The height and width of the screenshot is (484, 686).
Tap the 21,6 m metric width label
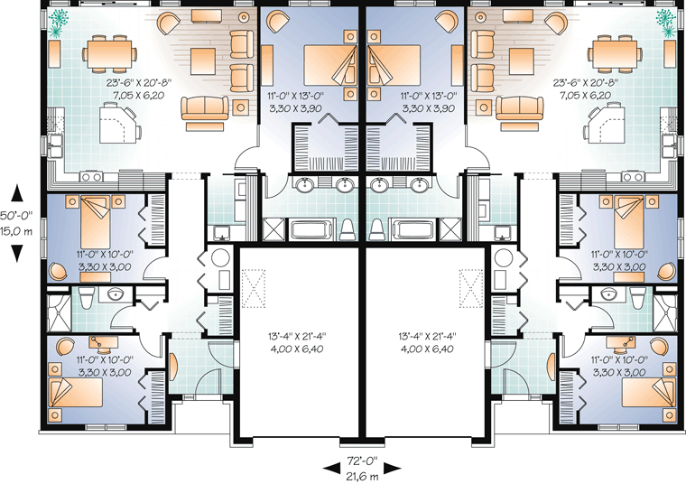[x=362, y=475]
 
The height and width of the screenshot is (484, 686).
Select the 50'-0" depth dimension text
[x=15, y=216]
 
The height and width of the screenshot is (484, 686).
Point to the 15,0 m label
[x=15, y=231]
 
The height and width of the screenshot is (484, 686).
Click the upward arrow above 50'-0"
[x=16, y=193]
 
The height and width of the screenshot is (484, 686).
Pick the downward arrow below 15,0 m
[x=16, y=254]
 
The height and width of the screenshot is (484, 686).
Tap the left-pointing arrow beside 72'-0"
[x=331, y=469]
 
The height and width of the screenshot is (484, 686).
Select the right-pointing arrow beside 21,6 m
[x=393, y=469]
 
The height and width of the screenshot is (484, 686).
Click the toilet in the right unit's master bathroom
[x=375, y=229]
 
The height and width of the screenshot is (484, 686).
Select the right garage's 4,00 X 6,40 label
[x=427, y=349]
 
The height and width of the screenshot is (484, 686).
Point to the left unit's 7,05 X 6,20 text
[x=134, y=95]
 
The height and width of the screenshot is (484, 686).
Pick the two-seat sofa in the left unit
[x=205, y=108]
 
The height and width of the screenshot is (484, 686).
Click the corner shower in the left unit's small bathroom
[x=59, y=313]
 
